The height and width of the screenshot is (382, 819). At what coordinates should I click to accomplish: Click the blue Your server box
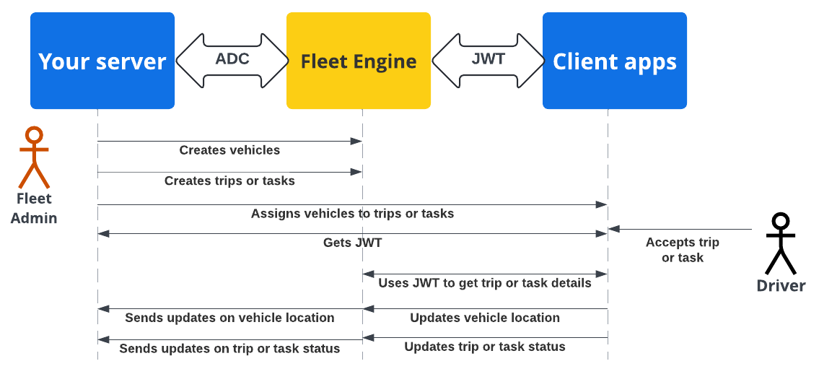tap(102, 61)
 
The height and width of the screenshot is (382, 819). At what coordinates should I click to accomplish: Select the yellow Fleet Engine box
tap(359, 61)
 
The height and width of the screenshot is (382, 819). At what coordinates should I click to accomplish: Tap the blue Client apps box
tap(614, 61)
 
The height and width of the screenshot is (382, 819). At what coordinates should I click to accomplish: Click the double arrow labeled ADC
tap(232, 60)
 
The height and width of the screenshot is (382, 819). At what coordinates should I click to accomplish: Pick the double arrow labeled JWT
tap(488, 60)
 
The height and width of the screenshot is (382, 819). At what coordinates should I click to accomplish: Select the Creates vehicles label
tap(229, 150)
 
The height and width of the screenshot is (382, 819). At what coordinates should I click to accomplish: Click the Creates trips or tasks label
tap(229, 181)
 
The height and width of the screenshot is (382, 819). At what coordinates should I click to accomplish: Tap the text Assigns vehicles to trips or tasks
tap(352, 213)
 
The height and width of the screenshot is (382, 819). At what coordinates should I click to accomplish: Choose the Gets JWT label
tap(352, 243)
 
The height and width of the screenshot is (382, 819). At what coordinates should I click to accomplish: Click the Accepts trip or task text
tap(682, 250)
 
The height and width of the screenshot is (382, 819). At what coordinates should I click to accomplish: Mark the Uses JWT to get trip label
tap(485, 283)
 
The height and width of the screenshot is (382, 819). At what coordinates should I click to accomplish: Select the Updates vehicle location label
tap(485, 318)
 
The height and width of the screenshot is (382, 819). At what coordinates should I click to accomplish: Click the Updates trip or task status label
tap(485, 347)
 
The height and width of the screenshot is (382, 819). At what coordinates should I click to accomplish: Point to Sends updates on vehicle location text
tap(229, 318)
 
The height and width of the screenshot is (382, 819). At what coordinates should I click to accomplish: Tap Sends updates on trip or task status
tap(229, 348)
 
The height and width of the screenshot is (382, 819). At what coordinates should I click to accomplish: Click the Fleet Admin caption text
tap(34, 208)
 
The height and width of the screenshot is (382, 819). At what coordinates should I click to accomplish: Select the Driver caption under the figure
tap(781, 286)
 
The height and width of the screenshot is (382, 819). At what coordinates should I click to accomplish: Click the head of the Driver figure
tap(781, 221)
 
